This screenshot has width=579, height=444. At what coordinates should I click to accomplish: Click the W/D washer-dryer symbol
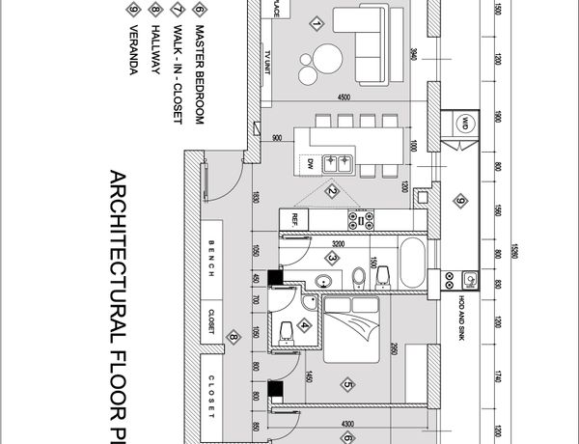[x=465, y=123]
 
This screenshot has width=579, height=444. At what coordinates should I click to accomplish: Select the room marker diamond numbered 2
[x=332, y=190]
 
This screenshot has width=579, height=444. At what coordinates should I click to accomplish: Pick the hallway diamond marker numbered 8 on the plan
[x=233, y=337]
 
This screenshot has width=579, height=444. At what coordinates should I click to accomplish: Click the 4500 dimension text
[x=344, y=97]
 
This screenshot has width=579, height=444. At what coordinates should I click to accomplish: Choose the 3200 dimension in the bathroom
[x=337, y=243]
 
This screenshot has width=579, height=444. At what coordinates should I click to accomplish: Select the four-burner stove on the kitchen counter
[x=360, y=219]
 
